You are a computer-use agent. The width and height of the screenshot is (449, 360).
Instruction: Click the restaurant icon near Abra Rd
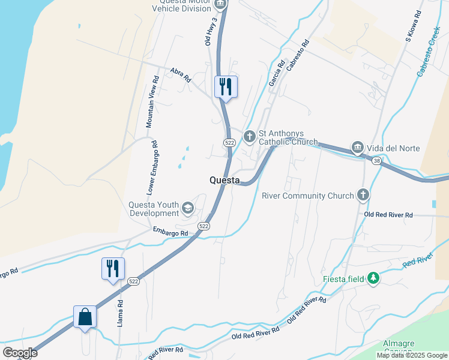pos(226,86)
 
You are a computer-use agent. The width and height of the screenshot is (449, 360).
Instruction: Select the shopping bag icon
pos(85,316)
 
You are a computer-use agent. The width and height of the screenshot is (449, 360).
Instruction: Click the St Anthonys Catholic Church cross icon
pos(250,137)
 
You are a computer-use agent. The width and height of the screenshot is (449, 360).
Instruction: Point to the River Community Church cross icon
pos(363,194)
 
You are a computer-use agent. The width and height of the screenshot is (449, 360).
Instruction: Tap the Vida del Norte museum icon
pos(357,147)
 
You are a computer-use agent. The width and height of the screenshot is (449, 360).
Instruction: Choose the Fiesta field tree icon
pos(373,278)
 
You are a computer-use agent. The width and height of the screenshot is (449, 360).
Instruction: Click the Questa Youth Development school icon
pos(188,208)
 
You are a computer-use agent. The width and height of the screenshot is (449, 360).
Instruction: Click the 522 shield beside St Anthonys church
pos(229,142)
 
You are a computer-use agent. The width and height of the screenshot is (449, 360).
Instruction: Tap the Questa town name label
pos(224,180)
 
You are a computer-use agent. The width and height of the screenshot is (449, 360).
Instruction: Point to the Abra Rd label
pos(180,74)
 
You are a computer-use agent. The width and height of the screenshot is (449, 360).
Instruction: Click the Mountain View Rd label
pos(152,101)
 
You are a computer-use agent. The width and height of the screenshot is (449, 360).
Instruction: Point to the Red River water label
pos(418,262)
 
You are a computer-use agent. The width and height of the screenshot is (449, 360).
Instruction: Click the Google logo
pos(20,353)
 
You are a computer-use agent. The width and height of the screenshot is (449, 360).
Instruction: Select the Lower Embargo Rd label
pos(151,168)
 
